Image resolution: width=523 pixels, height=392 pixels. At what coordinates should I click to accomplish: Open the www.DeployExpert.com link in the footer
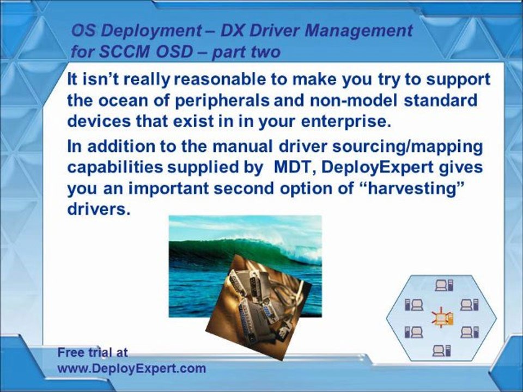pyautogui.click(x=132, y=368)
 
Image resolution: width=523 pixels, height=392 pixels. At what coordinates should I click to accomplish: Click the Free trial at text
pyautogui.click(x=93, y=352)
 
